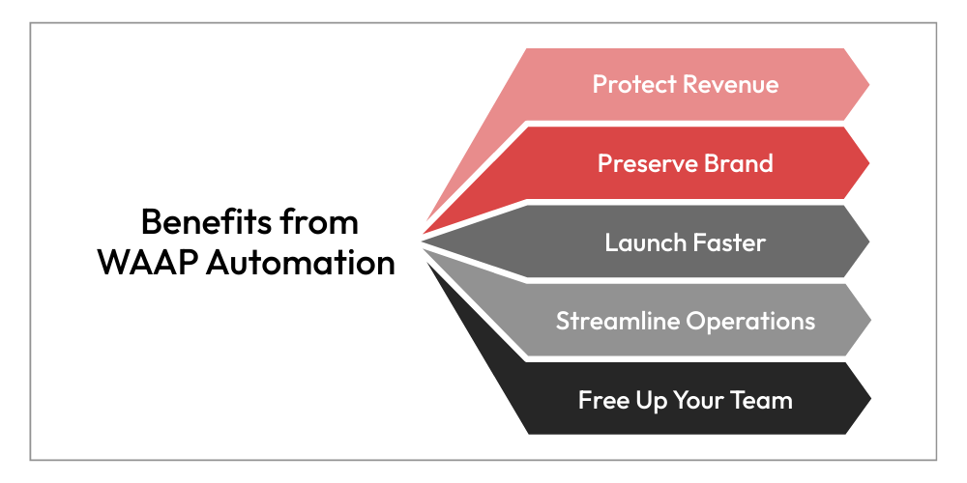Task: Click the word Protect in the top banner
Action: click(634, 84)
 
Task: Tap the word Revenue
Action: click(731, 84)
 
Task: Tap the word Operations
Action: click(750, 322)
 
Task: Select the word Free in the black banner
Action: click(601, 400)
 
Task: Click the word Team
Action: click(762, 400)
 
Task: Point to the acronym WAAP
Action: click(147, 263)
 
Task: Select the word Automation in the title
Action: click(301, 263)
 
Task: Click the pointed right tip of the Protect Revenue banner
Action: click(869, 84)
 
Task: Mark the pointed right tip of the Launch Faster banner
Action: click(869, 242)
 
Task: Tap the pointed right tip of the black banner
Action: click(871, 399)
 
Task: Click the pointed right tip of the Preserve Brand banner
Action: click(869, 163)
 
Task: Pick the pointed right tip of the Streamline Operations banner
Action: click(871, 321)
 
